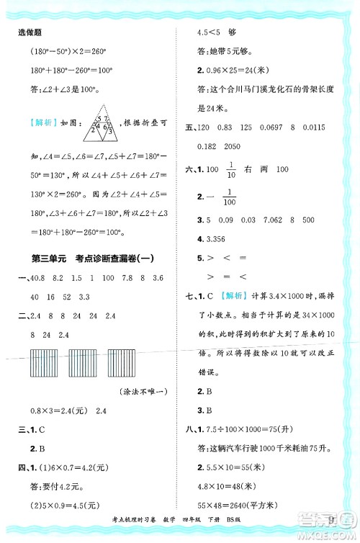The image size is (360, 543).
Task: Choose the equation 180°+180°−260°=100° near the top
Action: [x=73, y=71]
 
